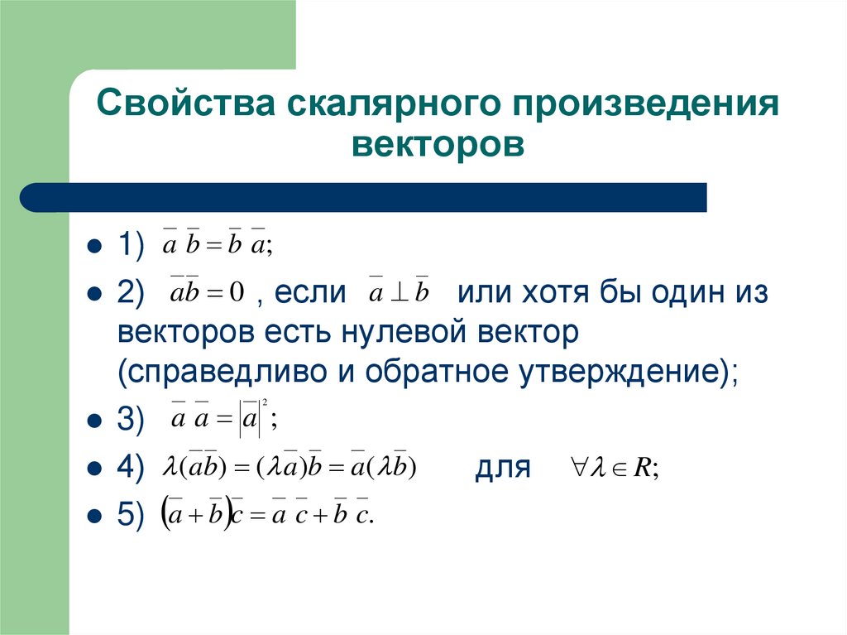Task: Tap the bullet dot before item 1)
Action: click(x=93, y=246)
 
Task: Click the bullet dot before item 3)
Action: click(x=93, y=421)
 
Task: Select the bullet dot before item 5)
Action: click(x=93, y=515)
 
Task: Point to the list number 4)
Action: click(x=131, y=467)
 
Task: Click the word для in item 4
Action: click(x=501, y=469)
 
